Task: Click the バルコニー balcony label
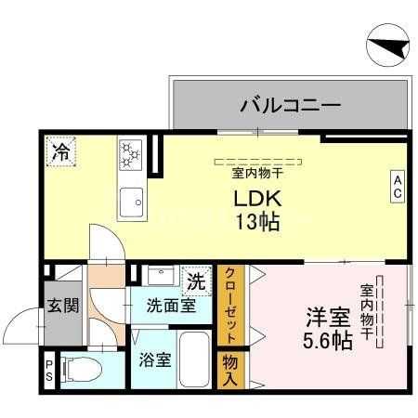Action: (289, 103)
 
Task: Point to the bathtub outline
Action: (194, 359)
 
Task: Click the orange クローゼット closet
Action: (229, 306)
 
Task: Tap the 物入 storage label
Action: (229, 370)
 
